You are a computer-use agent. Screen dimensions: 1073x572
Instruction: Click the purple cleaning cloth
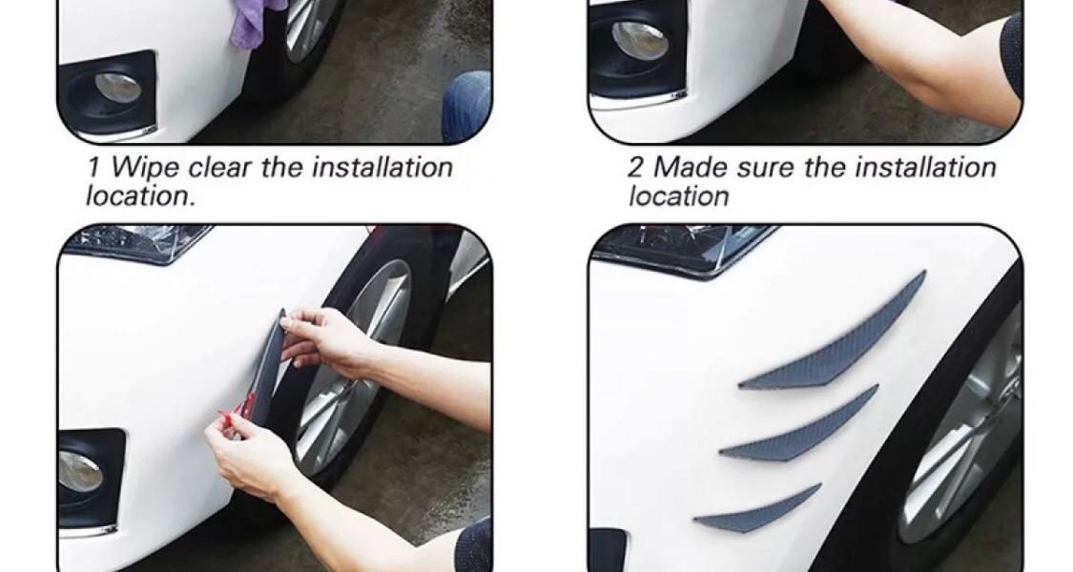[256, 22]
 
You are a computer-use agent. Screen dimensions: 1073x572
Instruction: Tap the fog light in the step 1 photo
[117, 87]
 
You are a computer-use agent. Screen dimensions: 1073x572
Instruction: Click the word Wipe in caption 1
[146, 167]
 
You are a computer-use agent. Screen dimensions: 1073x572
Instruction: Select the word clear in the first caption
[221, 168]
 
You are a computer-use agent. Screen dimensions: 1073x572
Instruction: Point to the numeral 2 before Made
[636, 168]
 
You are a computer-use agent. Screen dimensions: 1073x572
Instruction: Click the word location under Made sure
[679, 196]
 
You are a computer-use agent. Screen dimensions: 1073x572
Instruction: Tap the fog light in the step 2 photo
[639, 40]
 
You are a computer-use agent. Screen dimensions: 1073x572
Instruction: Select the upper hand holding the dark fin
[328, 336]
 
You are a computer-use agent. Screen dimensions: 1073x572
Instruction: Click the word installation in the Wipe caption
[382, 168]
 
